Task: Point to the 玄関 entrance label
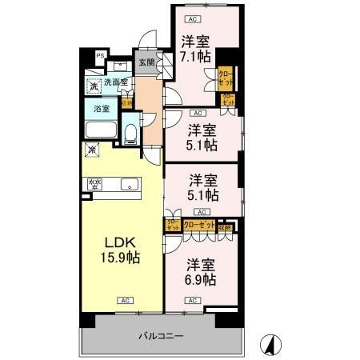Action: (145, 63)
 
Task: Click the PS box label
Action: (100, 55)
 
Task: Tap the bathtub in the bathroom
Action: (100, 130)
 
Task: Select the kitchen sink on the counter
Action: (126, 185)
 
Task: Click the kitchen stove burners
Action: (95, 185)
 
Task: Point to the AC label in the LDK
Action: (124, 300)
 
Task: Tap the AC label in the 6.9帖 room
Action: (191, 300)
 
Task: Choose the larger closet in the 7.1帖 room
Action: (226, 78)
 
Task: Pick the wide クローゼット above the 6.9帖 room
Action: (199, 226)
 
